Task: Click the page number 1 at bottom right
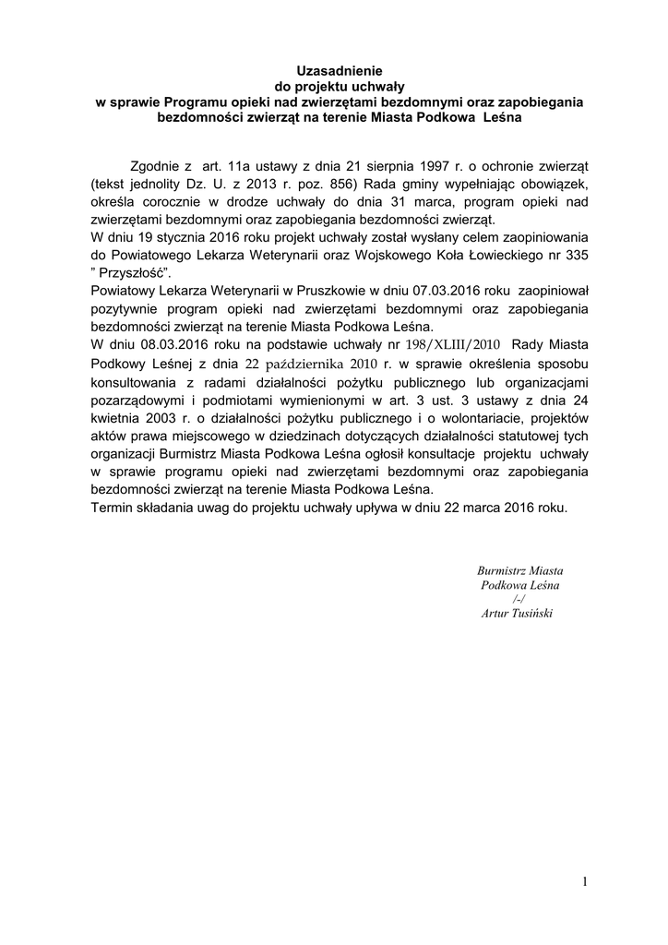[x=584, y=882]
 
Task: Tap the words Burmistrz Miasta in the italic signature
[x=520, y=570]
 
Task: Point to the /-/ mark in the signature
[x=519, y=600]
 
